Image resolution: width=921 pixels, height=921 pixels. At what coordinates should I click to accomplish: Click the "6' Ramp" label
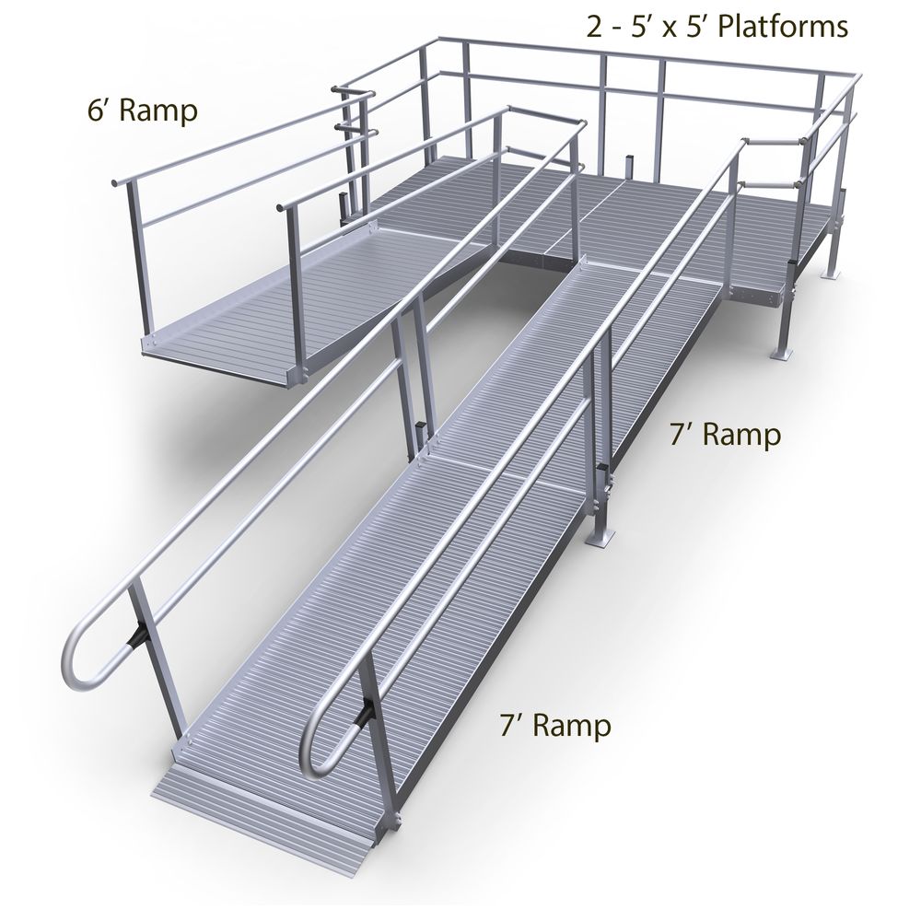tap(141, 112)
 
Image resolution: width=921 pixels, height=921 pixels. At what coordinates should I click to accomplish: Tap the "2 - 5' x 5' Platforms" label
tap(717, 27)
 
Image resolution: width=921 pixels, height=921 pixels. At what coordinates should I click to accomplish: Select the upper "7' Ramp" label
tap(725, 435)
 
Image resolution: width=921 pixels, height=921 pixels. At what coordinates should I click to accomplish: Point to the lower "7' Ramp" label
tap(554, 726)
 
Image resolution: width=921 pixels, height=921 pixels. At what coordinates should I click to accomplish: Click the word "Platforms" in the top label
tap(783, 27)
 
